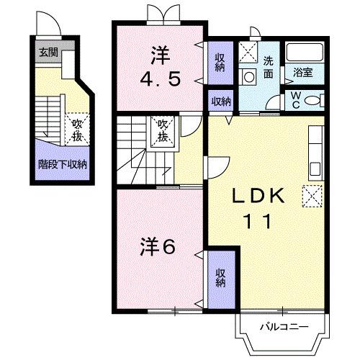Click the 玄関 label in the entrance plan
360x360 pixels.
[x=48, y=52]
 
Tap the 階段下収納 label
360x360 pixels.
[x=62, y=163]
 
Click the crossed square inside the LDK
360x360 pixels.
[x=312, y=195]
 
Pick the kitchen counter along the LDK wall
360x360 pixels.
[x=315, y=154]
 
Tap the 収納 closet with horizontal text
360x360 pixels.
[x=221, y=101]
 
